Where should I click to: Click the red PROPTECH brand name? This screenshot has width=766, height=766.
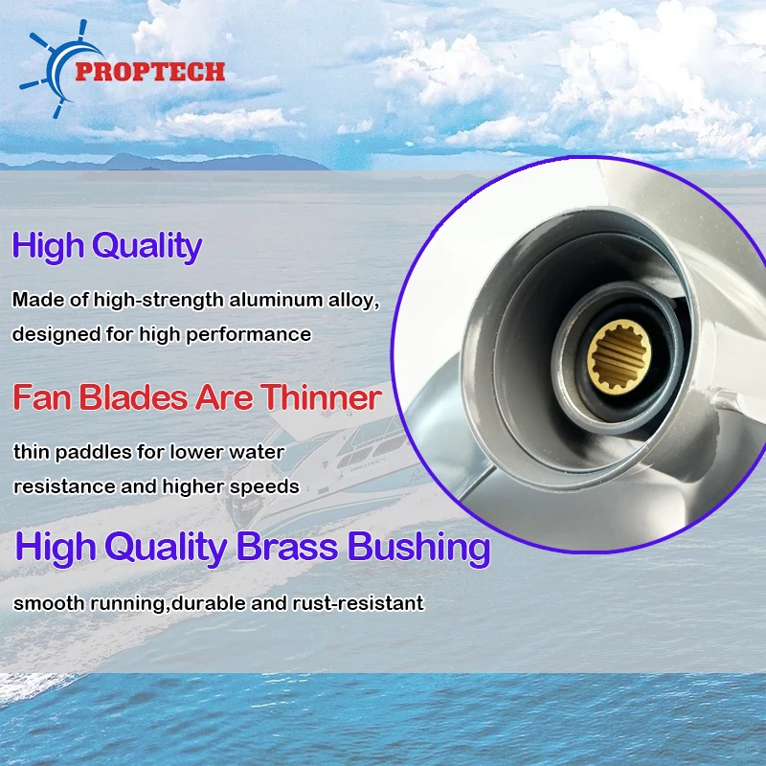(x=150, y=71)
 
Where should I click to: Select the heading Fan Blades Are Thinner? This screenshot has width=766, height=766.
(x=197, y=397)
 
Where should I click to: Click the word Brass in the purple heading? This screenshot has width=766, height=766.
(x=286, y=547)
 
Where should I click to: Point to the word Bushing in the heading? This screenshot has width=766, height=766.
(x=418, y=548)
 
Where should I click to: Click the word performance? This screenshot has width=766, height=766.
(x=249, y=335)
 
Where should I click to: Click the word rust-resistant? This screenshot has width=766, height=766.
(x=358, y=603)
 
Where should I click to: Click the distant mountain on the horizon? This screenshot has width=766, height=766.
(x=205, y=162)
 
